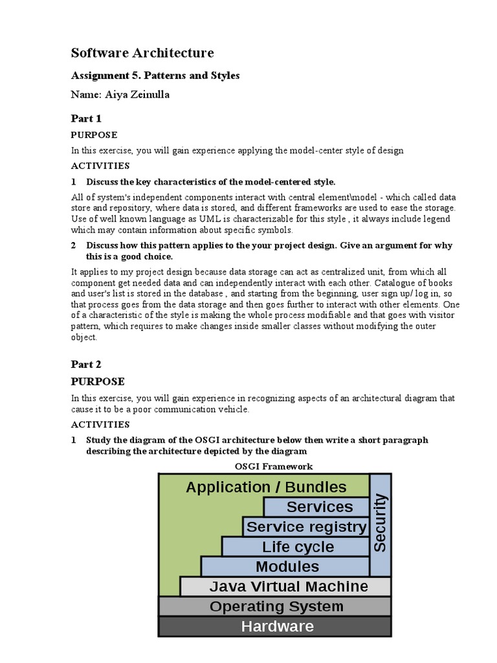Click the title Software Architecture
pyautogui.click(x=142, y=52)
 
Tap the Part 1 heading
pyautogui.click(x=86, y=118)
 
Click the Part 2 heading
pyautogui.click(x=86, y=365)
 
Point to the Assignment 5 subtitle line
pyautogui.click(x=155, y=76)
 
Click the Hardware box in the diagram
pyautogui.click(x=276, y=626)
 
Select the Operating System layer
pyautogui.click(x=276, y=607)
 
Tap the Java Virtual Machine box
pyautogui.click(x=288, y=587)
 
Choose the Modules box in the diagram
pyautogui.click(x=287, y=567)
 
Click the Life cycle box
pyautogui.click(x=298, y=547)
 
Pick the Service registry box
pyautogui.click(x=306, y=527)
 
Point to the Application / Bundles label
pyautogui.click(x=266, y=487)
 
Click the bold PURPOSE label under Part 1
pyautogui.click(x=94, y=135)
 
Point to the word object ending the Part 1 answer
pyautogui.click(x=83, y=337)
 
